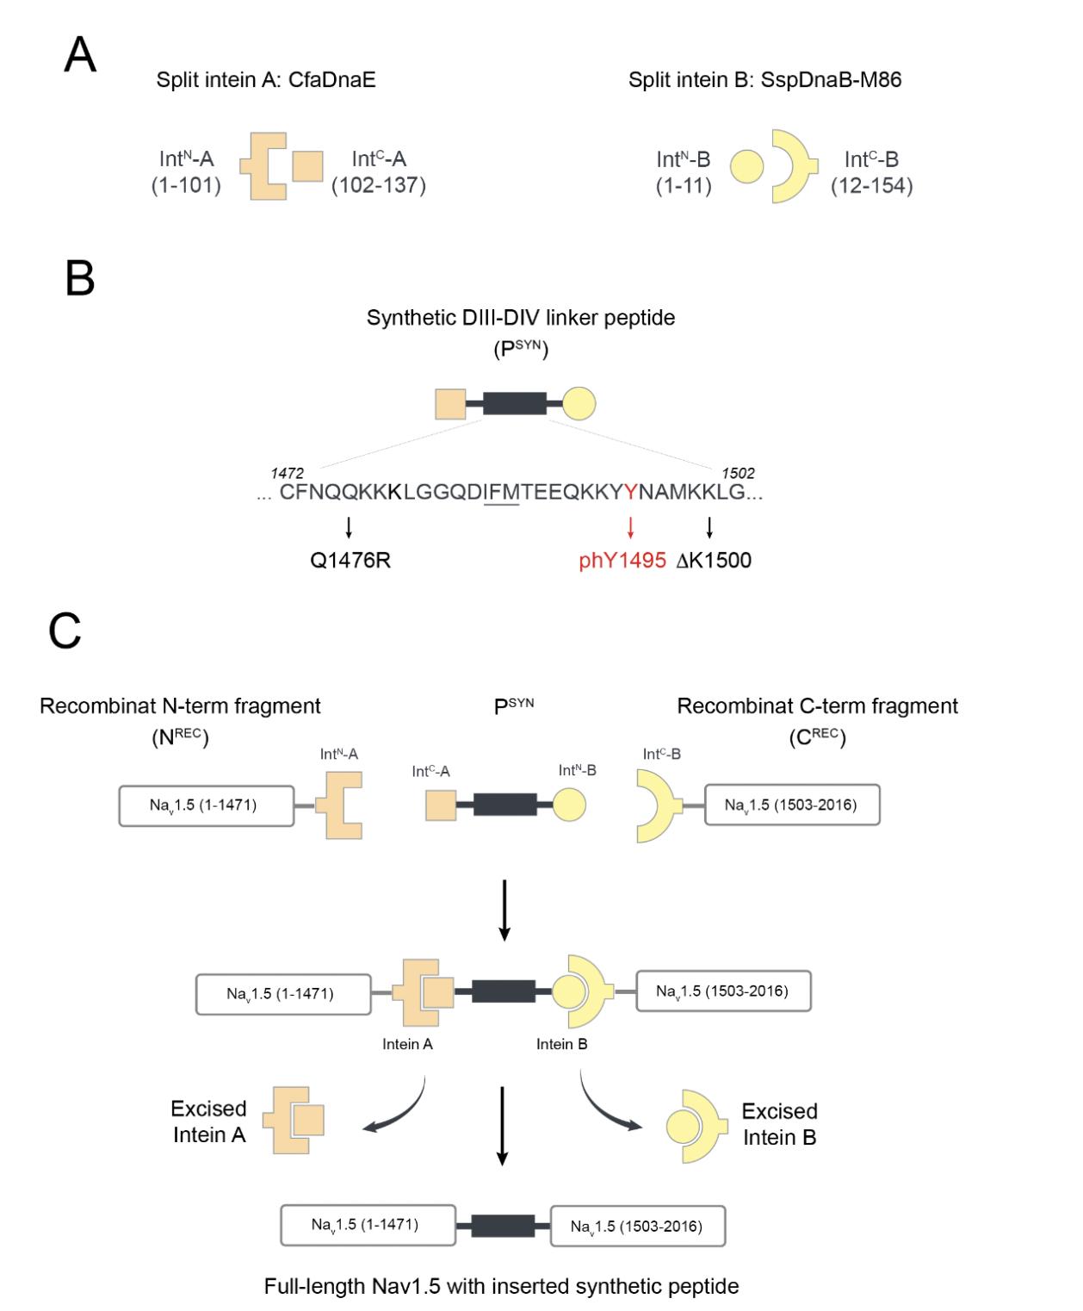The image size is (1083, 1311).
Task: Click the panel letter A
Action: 80,56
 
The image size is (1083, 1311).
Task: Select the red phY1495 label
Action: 622,561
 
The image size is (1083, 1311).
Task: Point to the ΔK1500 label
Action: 714,561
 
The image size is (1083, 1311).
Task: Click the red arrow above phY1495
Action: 631,527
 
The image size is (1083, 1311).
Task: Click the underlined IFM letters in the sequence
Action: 502,493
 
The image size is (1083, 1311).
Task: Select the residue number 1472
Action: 287,473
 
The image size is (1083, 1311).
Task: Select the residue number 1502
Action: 738,473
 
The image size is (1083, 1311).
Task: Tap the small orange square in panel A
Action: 307,166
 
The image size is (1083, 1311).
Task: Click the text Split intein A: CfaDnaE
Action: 266,80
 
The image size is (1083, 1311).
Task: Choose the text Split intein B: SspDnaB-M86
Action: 765,80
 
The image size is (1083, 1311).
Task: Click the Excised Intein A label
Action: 209,1121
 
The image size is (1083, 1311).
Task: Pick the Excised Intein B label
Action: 779,1124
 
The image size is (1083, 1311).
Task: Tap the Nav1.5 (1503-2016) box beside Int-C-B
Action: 792,805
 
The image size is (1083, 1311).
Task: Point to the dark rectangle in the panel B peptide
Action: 515,403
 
